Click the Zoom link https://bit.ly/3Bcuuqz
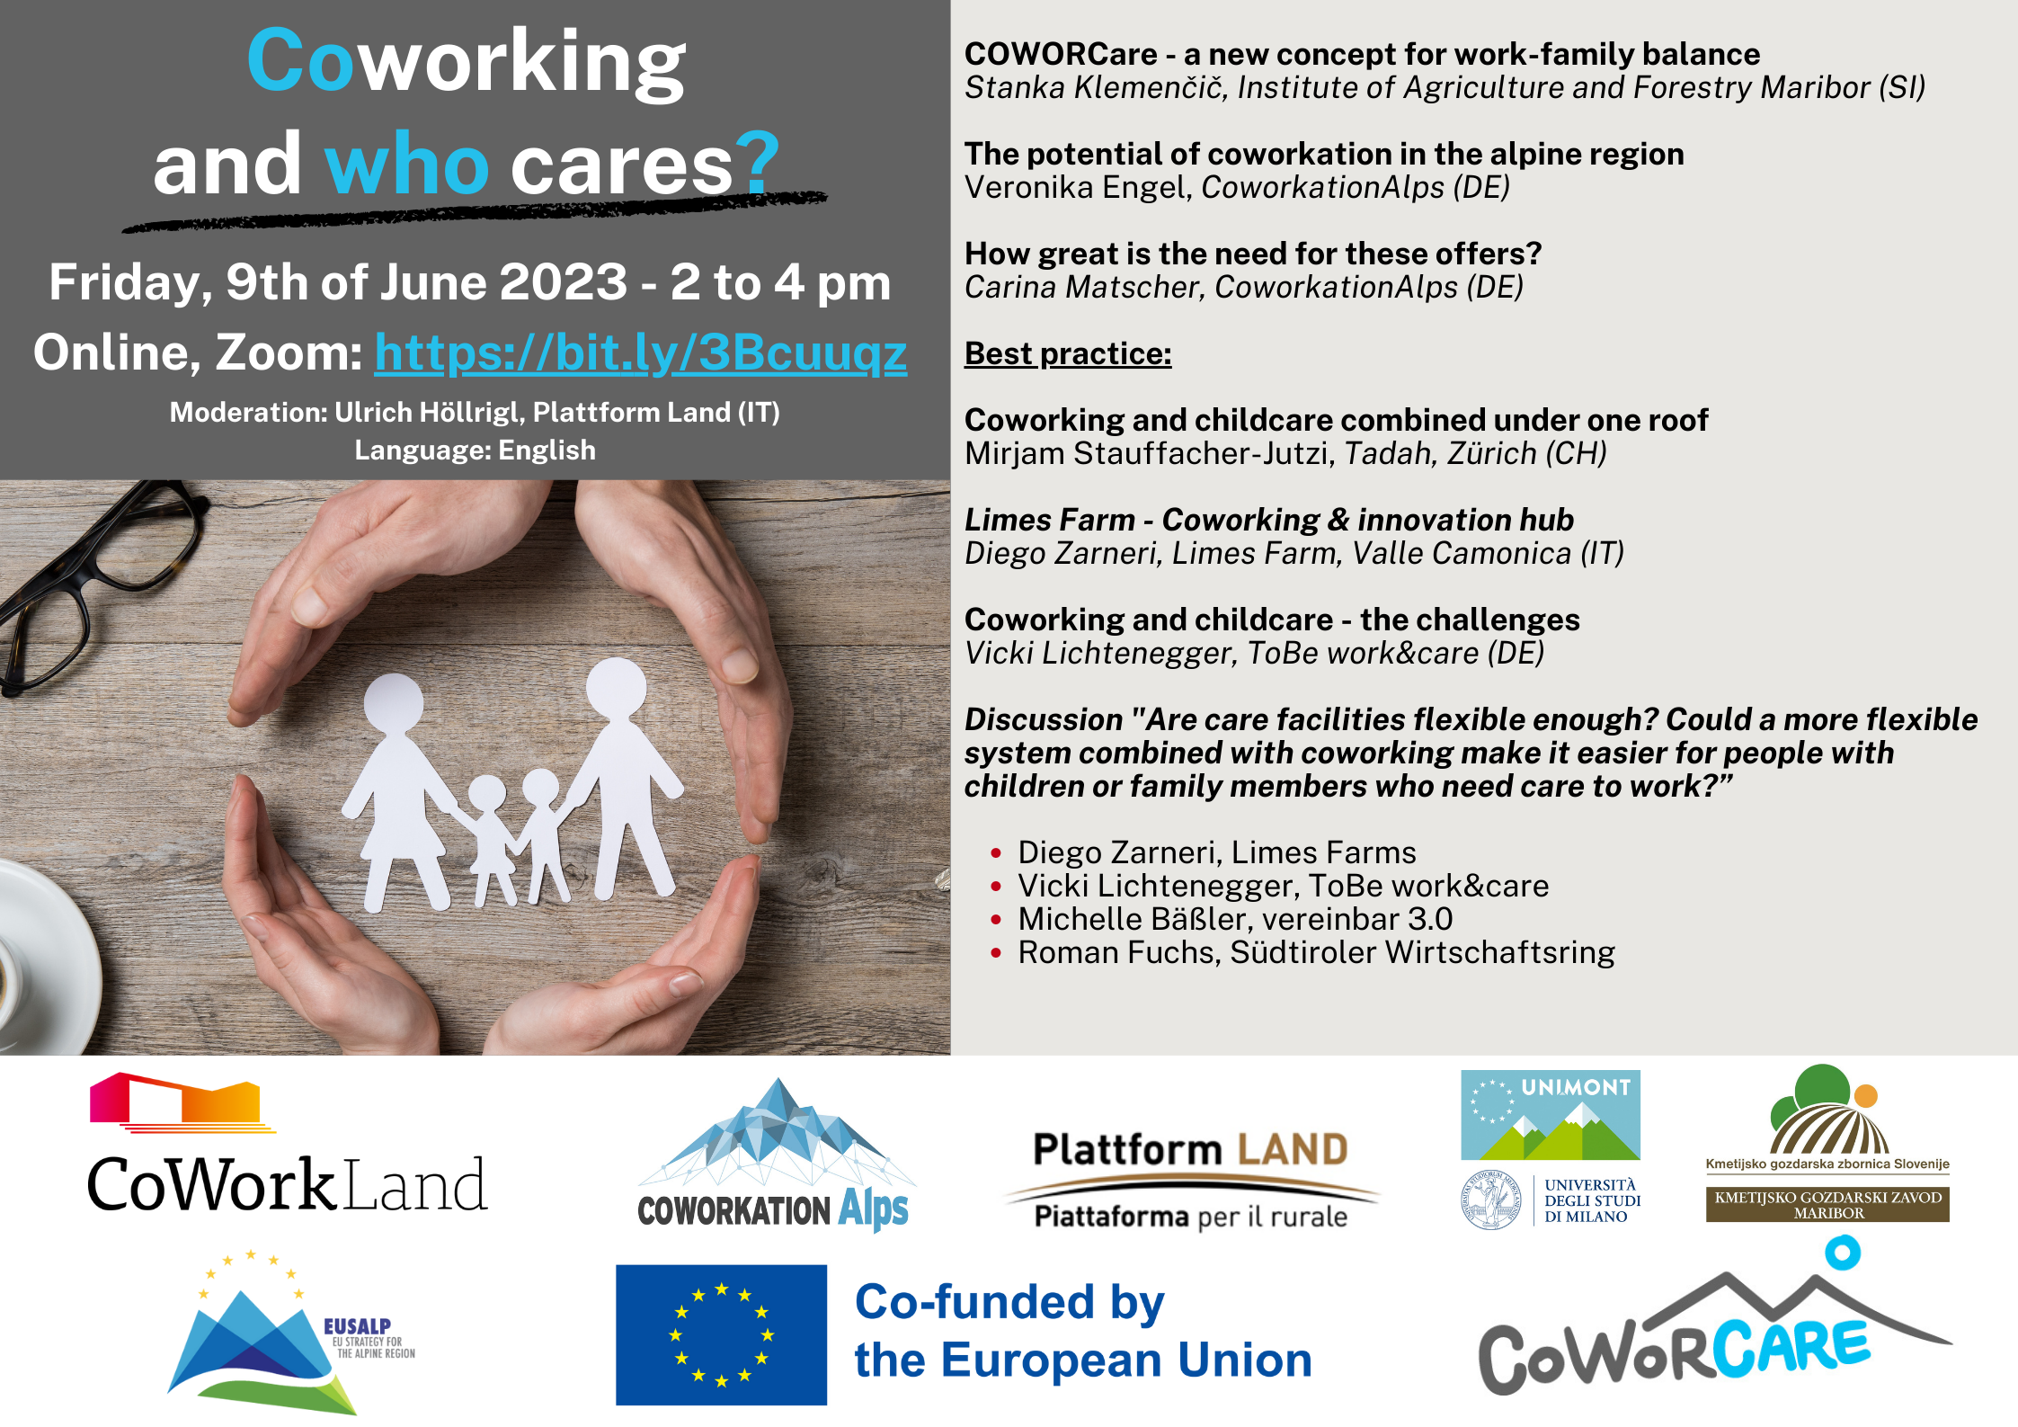(641, 352)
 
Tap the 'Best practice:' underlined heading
(1068, 354)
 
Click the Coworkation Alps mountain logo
(775, 1155)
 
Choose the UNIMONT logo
(1551, 1114)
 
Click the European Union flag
(721, 1334)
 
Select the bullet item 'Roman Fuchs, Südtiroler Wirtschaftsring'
(1316, 952)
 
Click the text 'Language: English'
(475, 450)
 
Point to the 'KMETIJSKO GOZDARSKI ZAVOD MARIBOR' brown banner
(1827, 1204)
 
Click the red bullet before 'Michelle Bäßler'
(996, 920)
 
